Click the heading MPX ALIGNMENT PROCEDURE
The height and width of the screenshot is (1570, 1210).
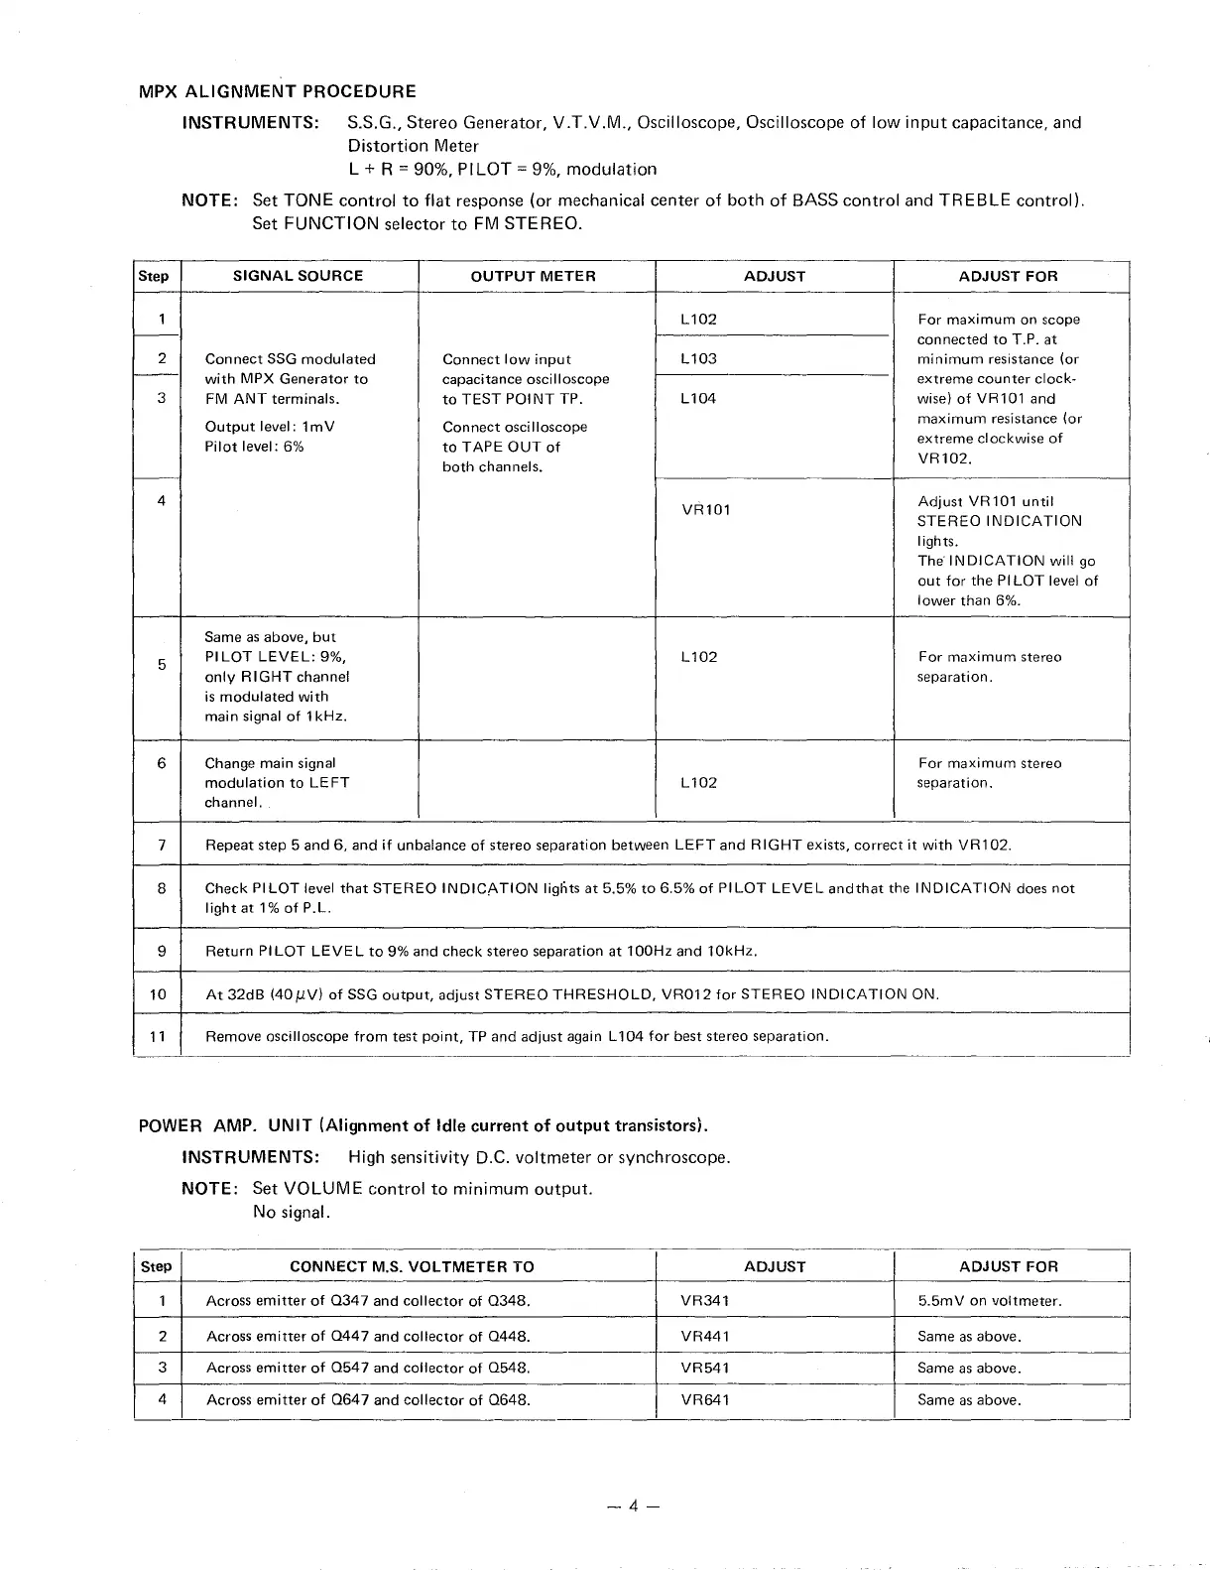point(277,92)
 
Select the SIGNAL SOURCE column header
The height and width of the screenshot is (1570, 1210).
point(298,276)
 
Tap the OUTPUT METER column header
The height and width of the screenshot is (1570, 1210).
point(533,276)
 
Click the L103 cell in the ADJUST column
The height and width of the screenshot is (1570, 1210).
point(698,359)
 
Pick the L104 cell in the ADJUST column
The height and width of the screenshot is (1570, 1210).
point(698,399)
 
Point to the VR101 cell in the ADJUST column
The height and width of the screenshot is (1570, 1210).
point(705,510)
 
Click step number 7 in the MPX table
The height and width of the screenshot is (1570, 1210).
point(161,846)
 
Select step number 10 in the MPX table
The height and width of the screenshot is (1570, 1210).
point(158,994)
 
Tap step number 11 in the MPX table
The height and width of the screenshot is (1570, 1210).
point(158,1037)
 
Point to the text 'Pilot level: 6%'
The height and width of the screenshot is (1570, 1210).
point(254,447)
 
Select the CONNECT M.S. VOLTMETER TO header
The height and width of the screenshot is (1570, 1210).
point(412,1266)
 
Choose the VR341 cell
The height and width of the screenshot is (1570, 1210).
point(705,1301)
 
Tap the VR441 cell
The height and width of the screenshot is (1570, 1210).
point(705,1337)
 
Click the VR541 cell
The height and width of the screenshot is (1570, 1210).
point(705,1369)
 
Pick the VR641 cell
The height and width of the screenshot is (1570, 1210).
point(705,1400)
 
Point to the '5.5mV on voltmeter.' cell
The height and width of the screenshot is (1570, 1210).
point(989,1301)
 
